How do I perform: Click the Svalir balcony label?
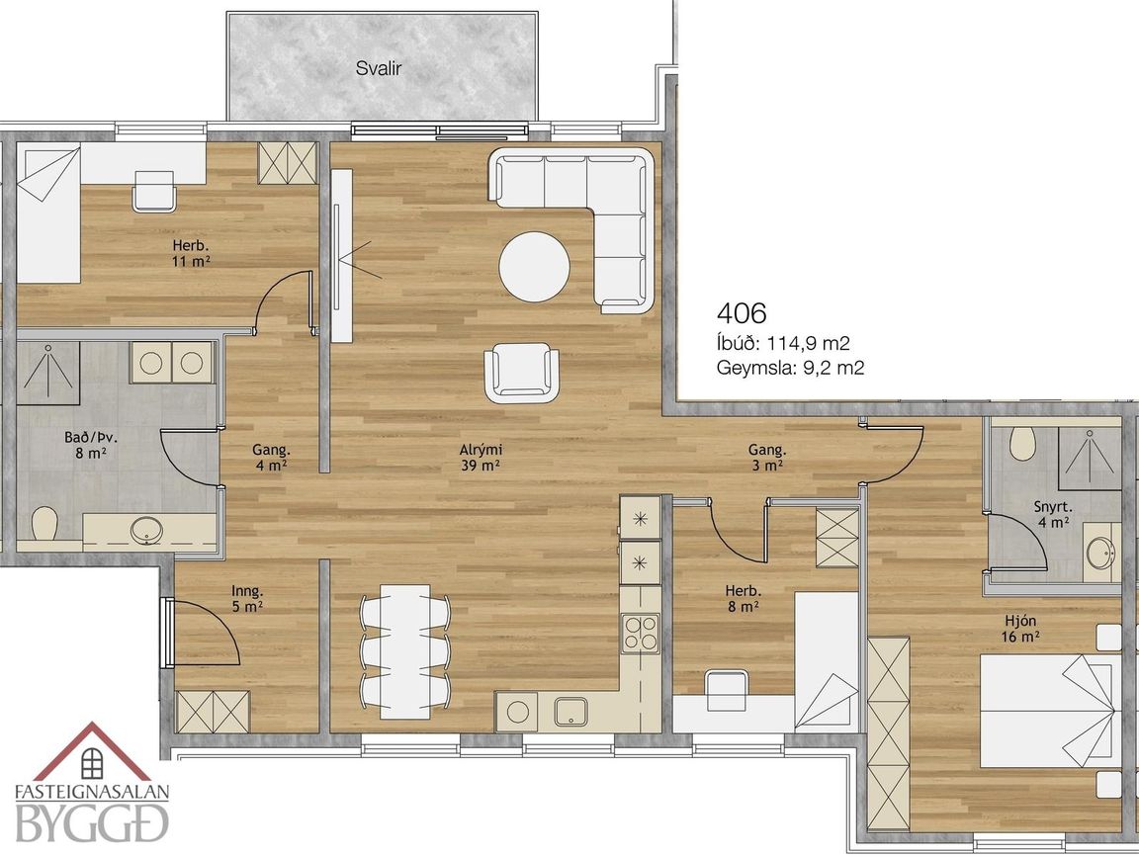point(379,69)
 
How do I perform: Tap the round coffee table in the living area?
point(534,266)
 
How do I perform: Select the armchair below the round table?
point(522,372)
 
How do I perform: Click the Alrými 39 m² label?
point(482,458)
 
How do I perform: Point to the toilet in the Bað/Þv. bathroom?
point(45,523)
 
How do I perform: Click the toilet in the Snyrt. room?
point(1022,443)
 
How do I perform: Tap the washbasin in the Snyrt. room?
point(1098,554)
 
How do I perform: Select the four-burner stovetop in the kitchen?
point(640,633)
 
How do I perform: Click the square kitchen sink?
point(571,712)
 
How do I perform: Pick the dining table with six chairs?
point(404,651)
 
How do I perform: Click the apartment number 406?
point(741,313)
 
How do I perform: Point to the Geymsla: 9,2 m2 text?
point(790,368)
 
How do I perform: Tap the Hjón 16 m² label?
point(1020,629)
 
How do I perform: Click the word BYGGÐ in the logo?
point(92,822)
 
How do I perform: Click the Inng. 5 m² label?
point(247,598)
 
